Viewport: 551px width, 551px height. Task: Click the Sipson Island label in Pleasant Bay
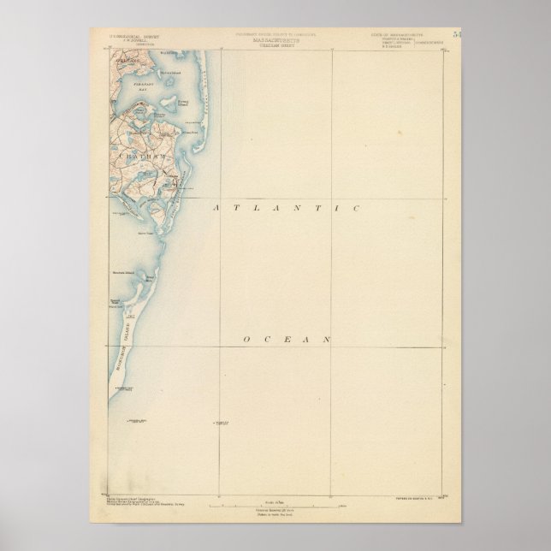146,75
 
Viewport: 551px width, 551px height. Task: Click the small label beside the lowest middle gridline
223,424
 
